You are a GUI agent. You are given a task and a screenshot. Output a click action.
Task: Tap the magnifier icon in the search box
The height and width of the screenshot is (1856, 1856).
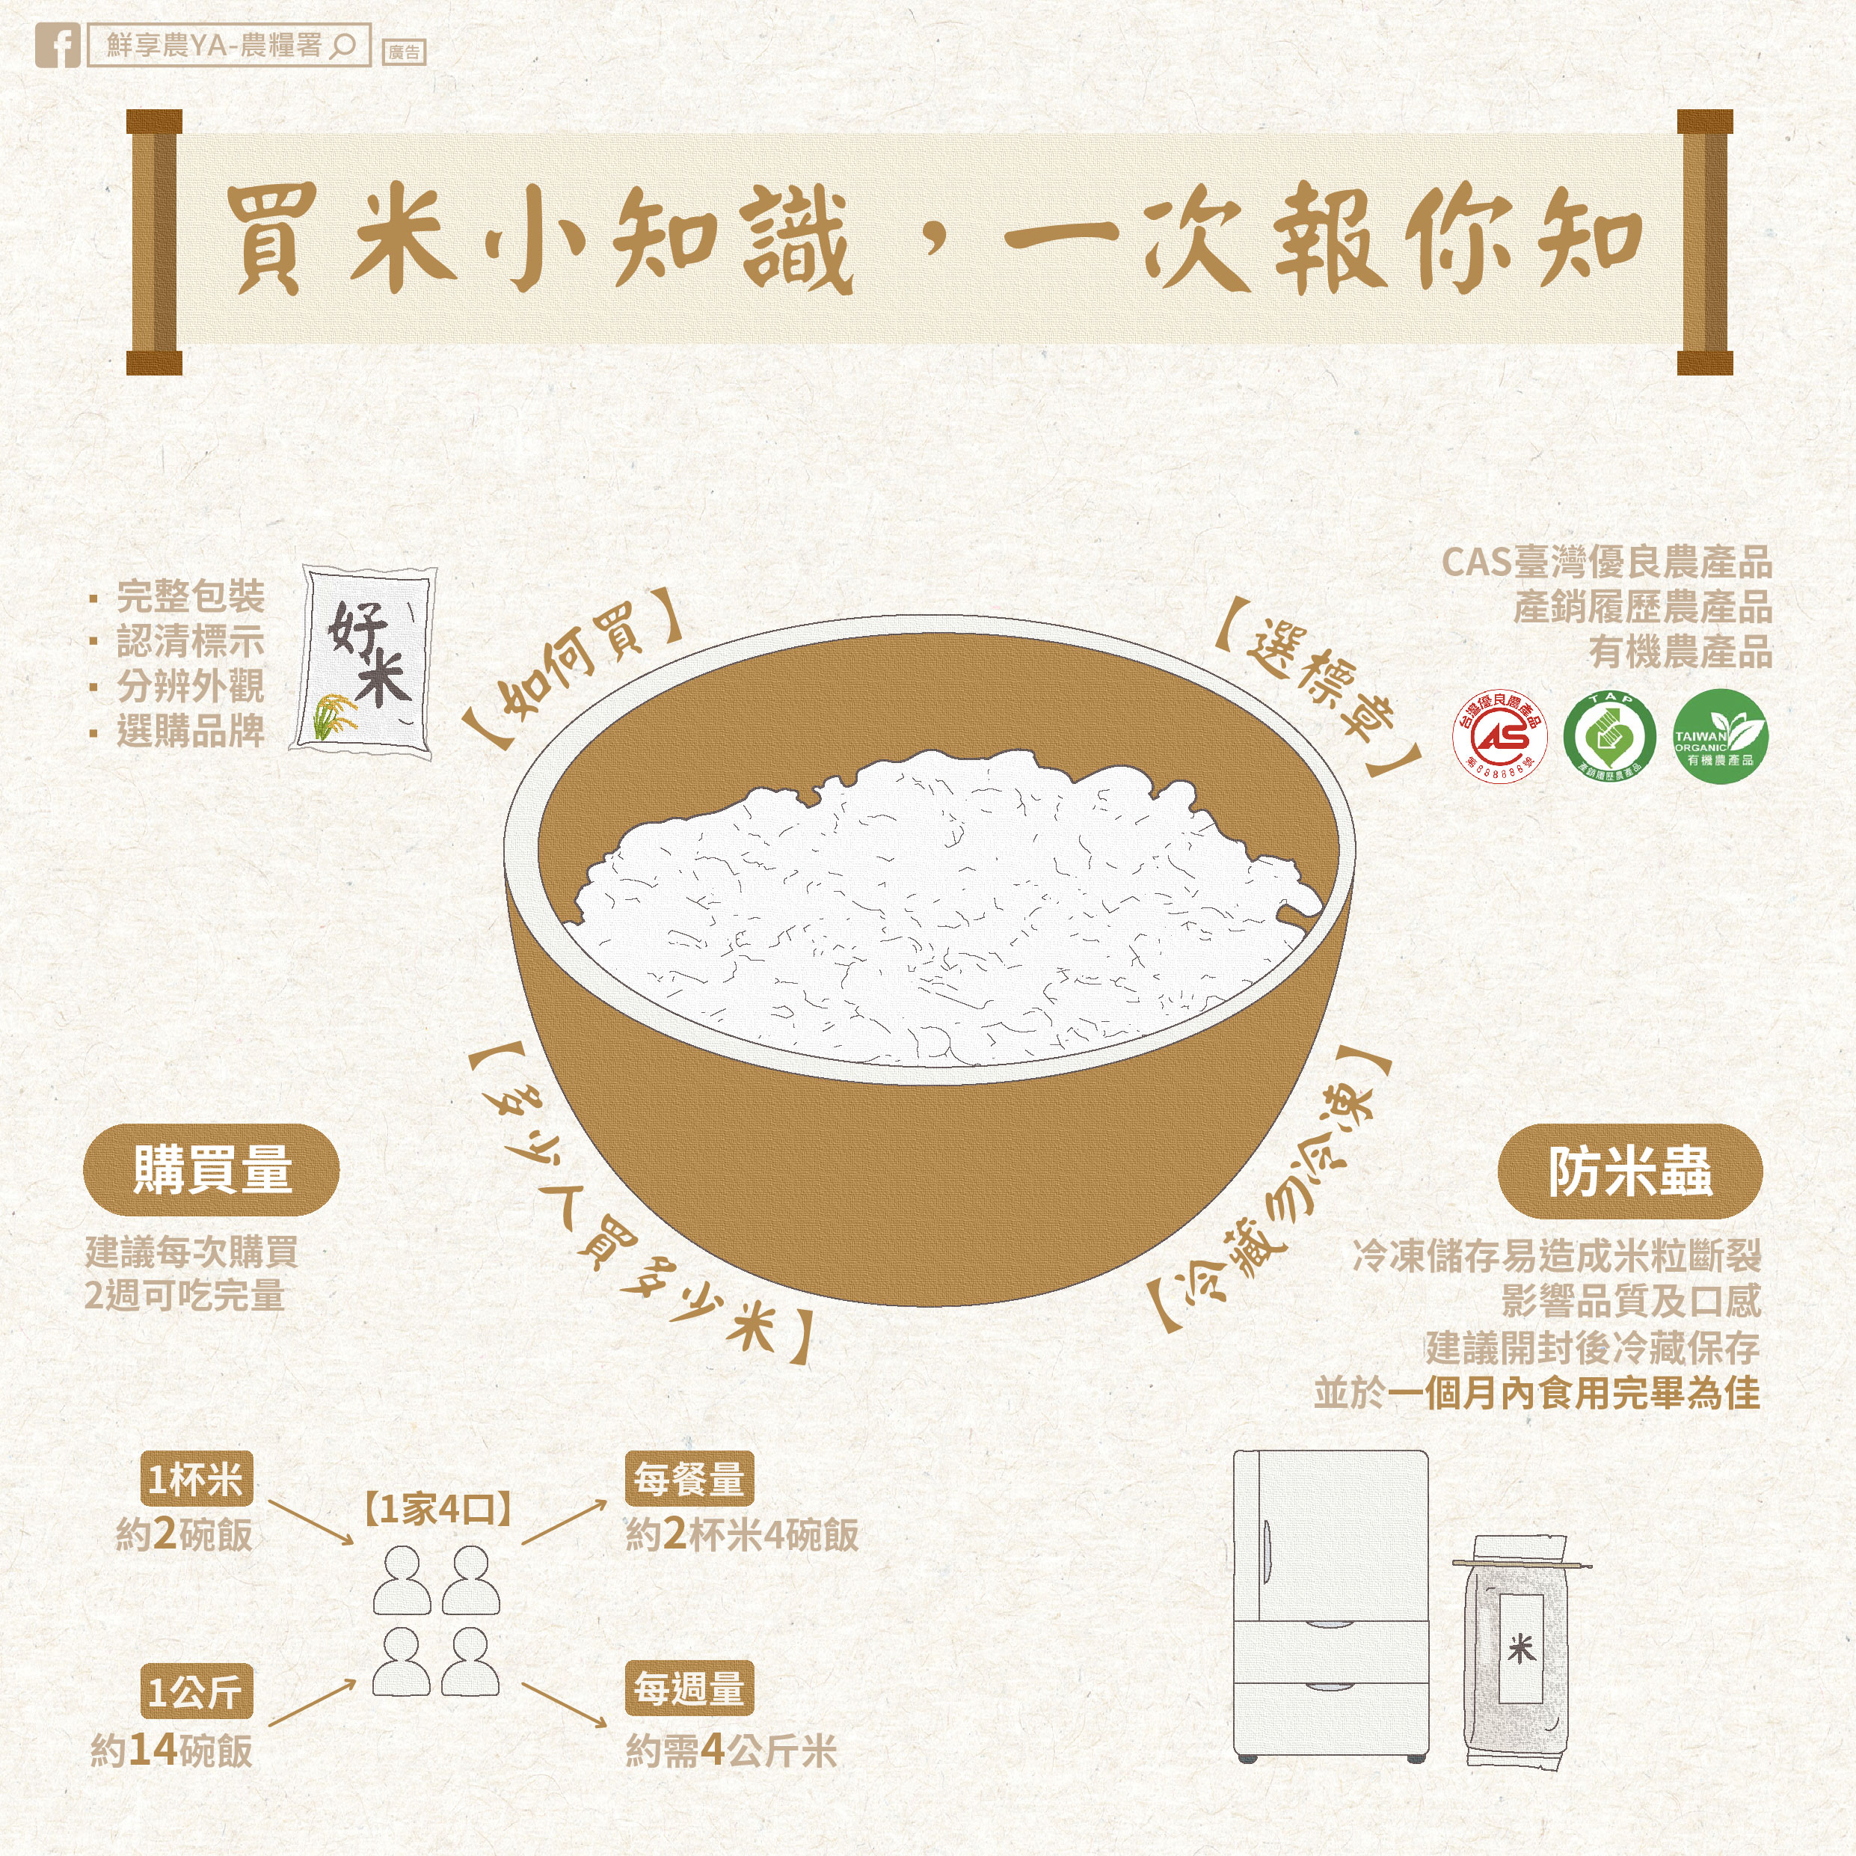342,46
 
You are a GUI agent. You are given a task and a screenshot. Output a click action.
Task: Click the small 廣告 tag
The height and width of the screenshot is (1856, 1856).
404,52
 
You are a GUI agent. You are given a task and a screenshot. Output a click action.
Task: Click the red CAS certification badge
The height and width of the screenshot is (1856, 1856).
1499,735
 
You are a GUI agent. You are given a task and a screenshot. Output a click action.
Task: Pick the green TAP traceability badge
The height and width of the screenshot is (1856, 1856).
1609,735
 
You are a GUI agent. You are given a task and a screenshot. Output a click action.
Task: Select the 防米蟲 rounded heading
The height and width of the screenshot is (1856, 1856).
1629,1172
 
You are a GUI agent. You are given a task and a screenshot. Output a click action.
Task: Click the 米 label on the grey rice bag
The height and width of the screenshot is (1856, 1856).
1522,1650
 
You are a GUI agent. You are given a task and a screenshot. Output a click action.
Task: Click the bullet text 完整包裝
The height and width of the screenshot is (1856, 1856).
190,597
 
